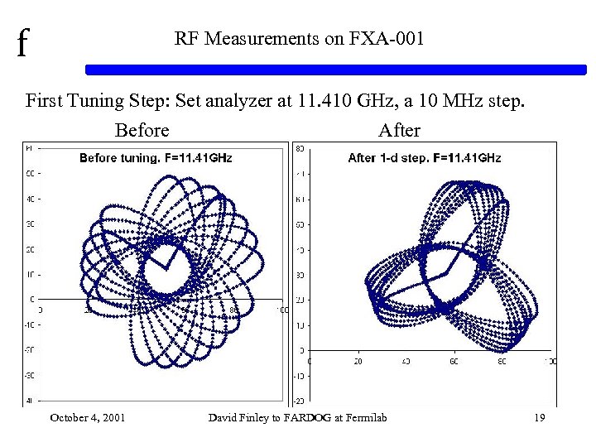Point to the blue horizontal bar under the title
(339, 70)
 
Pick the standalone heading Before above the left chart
(142, 131)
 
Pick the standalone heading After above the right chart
(399, 131)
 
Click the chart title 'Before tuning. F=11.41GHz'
(156, 157)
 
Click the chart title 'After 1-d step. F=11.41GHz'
(424, 157)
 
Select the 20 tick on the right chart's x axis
(358, 362)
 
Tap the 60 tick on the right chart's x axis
(454, 362)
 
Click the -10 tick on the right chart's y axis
(298, 375)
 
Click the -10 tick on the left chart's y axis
(29, 324)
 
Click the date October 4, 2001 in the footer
(88, 417)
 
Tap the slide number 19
(539, 417)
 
